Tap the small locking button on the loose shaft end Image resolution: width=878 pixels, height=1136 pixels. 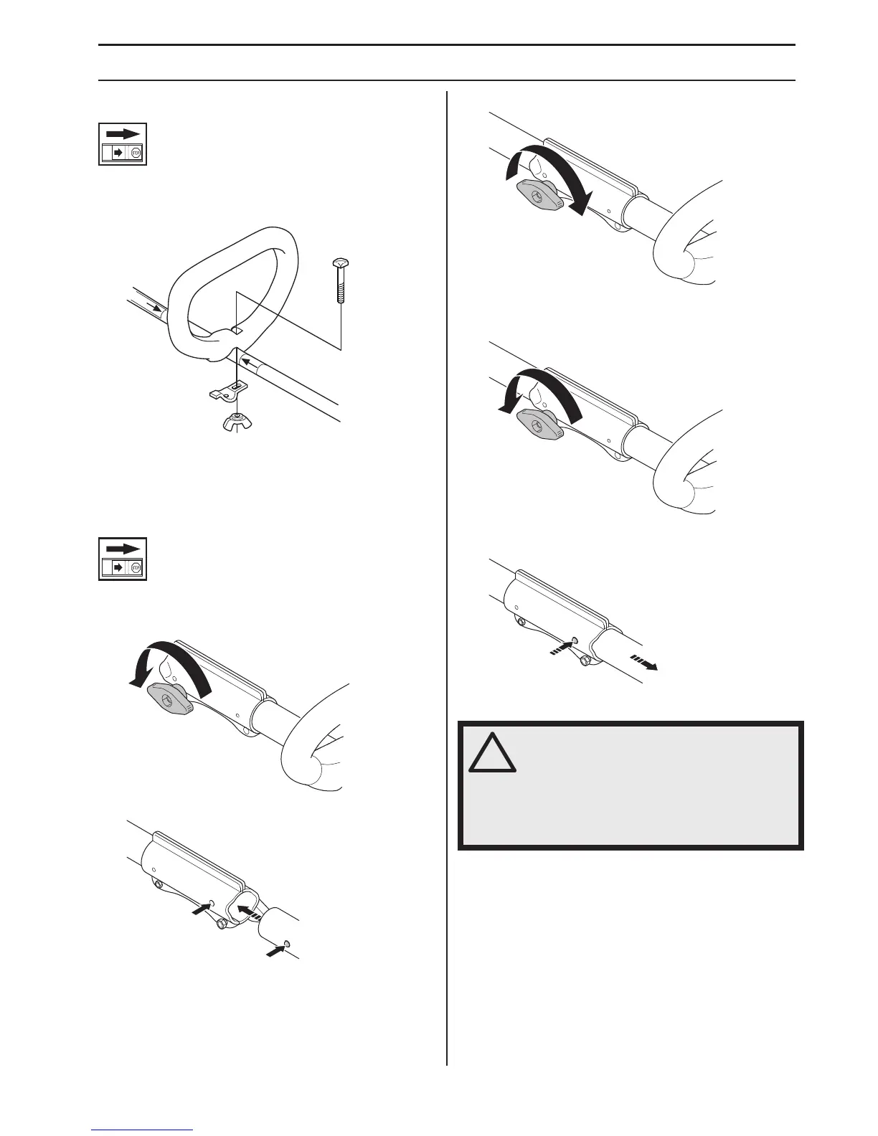pyautogui.click(x=287, y=942)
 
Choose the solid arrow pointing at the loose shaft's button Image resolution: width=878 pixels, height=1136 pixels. pyautogui.click(x=275, y=952)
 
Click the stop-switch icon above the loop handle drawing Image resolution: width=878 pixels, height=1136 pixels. pyautogui.click(x=123, y=144)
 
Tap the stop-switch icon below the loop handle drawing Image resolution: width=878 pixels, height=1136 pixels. pyautogui.click(x=123, y=559)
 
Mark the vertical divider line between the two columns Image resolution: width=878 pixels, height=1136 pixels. pyautogui.click(x=447, y=574)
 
